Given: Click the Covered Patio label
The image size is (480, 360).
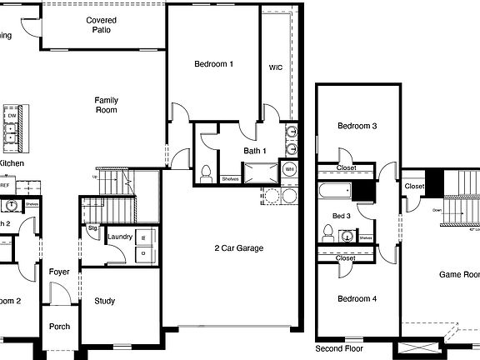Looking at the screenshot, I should [x=101, y=24].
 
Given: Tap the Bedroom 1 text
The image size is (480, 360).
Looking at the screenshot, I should [x=213, y=64].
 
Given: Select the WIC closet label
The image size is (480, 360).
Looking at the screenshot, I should [x=275, y=67].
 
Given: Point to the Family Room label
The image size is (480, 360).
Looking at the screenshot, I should [x=106, y=105].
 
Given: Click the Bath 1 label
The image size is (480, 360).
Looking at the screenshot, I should [x=255, y=151].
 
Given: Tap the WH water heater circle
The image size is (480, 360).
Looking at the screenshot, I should [x=289, y=170].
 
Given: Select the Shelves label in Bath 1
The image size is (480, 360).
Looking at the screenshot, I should [x=231, y=178].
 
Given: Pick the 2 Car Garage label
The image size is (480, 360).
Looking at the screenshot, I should [x=239, y=247].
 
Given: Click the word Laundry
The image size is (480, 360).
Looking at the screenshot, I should [x=120, y=237].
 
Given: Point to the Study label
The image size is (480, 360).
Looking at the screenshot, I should [x=105, y=301].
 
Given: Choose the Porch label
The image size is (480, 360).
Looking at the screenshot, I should [x=59, y=326].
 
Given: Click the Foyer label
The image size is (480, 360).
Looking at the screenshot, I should [x=58, y=272].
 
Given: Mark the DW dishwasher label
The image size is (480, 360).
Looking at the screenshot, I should [x=12, y=116].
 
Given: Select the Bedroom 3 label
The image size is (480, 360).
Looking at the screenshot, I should [x=357, y=126].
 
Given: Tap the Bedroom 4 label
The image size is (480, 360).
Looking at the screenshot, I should [x=357, y=298].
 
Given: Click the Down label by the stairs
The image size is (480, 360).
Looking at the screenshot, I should [x=437, y=210].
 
